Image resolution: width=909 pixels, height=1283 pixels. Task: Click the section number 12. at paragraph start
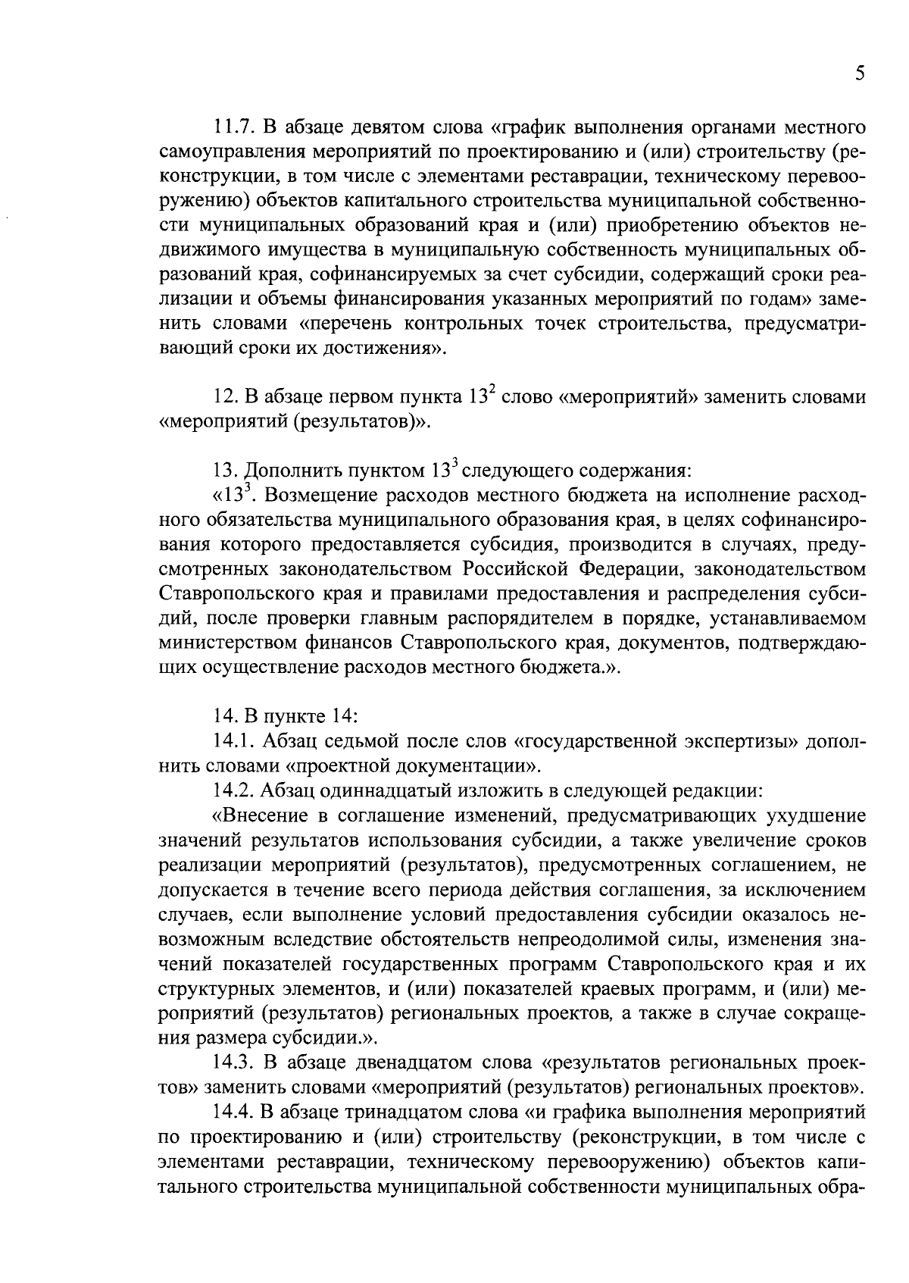226,398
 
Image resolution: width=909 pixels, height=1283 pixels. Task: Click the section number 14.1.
231,741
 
